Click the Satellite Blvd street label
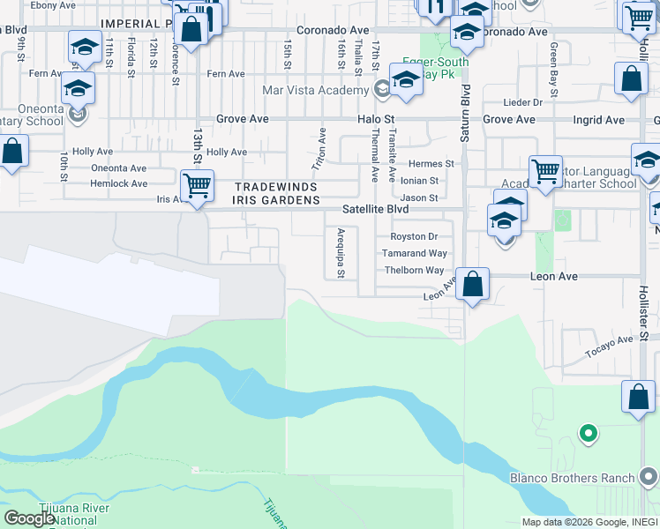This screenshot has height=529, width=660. click(x=376, y=210)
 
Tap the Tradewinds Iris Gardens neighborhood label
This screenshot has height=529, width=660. click(x=276, y=194)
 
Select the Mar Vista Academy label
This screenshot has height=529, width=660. click(x=315, y=90)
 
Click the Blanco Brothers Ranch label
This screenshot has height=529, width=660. click(x=572, y=479)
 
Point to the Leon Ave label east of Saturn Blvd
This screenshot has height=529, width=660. click(x=553, y=276)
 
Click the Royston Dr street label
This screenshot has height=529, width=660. click(x=414, y=236)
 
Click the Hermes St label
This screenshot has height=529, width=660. click(x=431, y=164)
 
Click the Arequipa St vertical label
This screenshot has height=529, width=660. click(x=341, y=254)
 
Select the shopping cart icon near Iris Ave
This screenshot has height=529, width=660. click(x=197, y=186)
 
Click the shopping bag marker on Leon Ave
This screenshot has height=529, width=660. click(x=473, y=285)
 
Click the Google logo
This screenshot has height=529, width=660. click(x=29, y=518)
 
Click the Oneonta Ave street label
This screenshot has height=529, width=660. click(x=119, y=168)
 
